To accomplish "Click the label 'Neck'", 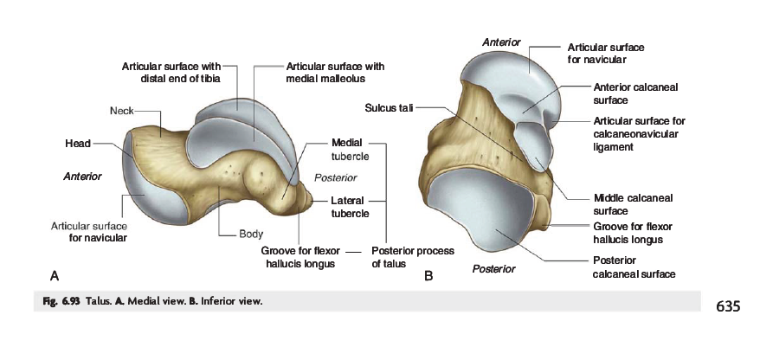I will pyautogui.click(x=120, y=111).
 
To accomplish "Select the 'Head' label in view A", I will pyautogui.click(x=78, y=143).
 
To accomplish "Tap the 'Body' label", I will pyautogui.click(x=251, y=234).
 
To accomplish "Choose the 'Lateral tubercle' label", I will pyautogui.click(x=351, y=207).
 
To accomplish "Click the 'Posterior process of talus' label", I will pyautogui.click(x=412, y=257).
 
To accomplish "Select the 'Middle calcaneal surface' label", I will pyautogui.click(x=633, y=204).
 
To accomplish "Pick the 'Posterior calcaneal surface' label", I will pyautogui.click(x=633, y=267).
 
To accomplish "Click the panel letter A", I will pyautogui.click(x=54, y=276).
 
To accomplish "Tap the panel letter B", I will pyautogui.click(x=428, y=276).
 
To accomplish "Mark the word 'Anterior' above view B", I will pyautogui.click(x=501, y=42).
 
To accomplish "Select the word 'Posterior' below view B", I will pyautogui.click(x=493, y=268).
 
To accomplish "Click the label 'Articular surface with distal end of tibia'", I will pyautogui.click(x=171, y=72).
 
